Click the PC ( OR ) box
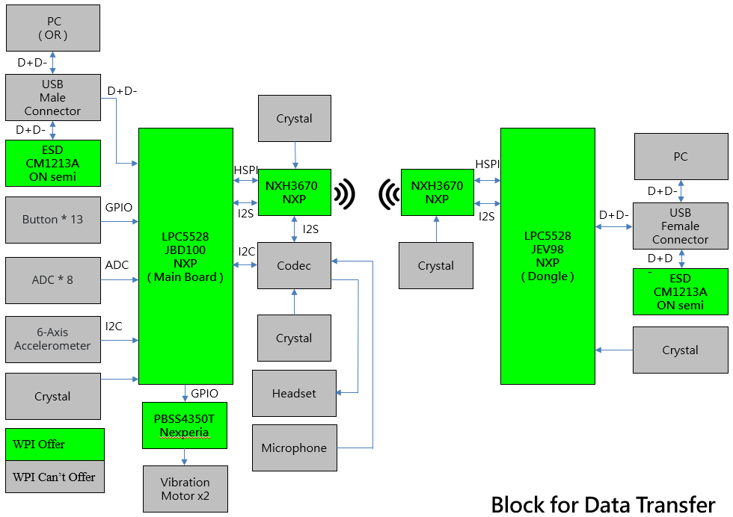click(52, 28)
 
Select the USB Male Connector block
click(52, 97)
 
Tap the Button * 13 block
click(52, 220)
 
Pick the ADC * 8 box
click(52, 280)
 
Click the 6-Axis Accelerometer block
click(52, 339)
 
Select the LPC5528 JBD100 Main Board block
click(185, 256)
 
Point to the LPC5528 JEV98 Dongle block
click(548, 256)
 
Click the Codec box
click(294, 266)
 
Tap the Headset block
click(294, 393)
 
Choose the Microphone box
click(294, 448)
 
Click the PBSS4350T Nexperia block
click(184, 425)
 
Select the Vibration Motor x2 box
click(185, 489)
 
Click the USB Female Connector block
click(680, 226)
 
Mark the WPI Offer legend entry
click(55, 445)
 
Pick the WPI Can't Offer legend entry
click(55, 477)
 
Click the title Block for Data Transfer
click(603, 504)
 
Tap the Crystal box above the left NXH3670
click(294, 118)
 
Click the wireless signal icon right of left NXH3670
click(345, 194)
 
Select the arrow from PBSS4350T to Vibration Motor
click(185, 457)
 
